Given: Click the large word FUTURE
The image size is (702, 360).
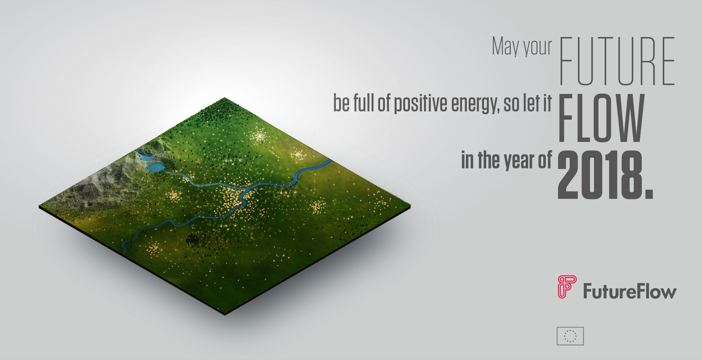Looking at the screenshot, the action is click(617, 61).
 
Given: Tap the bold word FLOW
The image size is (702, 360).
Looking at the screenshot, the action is click(602, 118).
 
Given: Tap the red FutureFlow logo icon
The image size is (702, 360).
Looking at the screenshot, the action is click(567, 287).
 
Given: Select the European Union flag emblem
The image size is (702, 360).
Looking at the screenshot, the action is click(570, 336).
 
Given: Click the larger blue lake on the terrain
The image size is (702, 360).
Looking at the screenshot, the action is click(155, 167).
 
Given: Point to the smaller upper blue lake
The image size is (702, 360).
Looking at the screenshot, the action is click(144, 157).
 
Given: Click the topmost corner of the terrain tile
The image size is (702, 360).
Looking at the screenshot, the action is click(225, 98).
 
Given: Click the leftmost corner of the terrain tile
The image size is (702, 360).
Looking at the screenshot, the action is click(39, 207).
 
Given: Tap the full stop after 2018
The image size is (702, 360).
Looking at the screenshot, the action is click(649, 194).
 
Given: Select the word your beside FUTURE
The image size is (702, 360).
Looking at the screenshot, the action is click(537, 48).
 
